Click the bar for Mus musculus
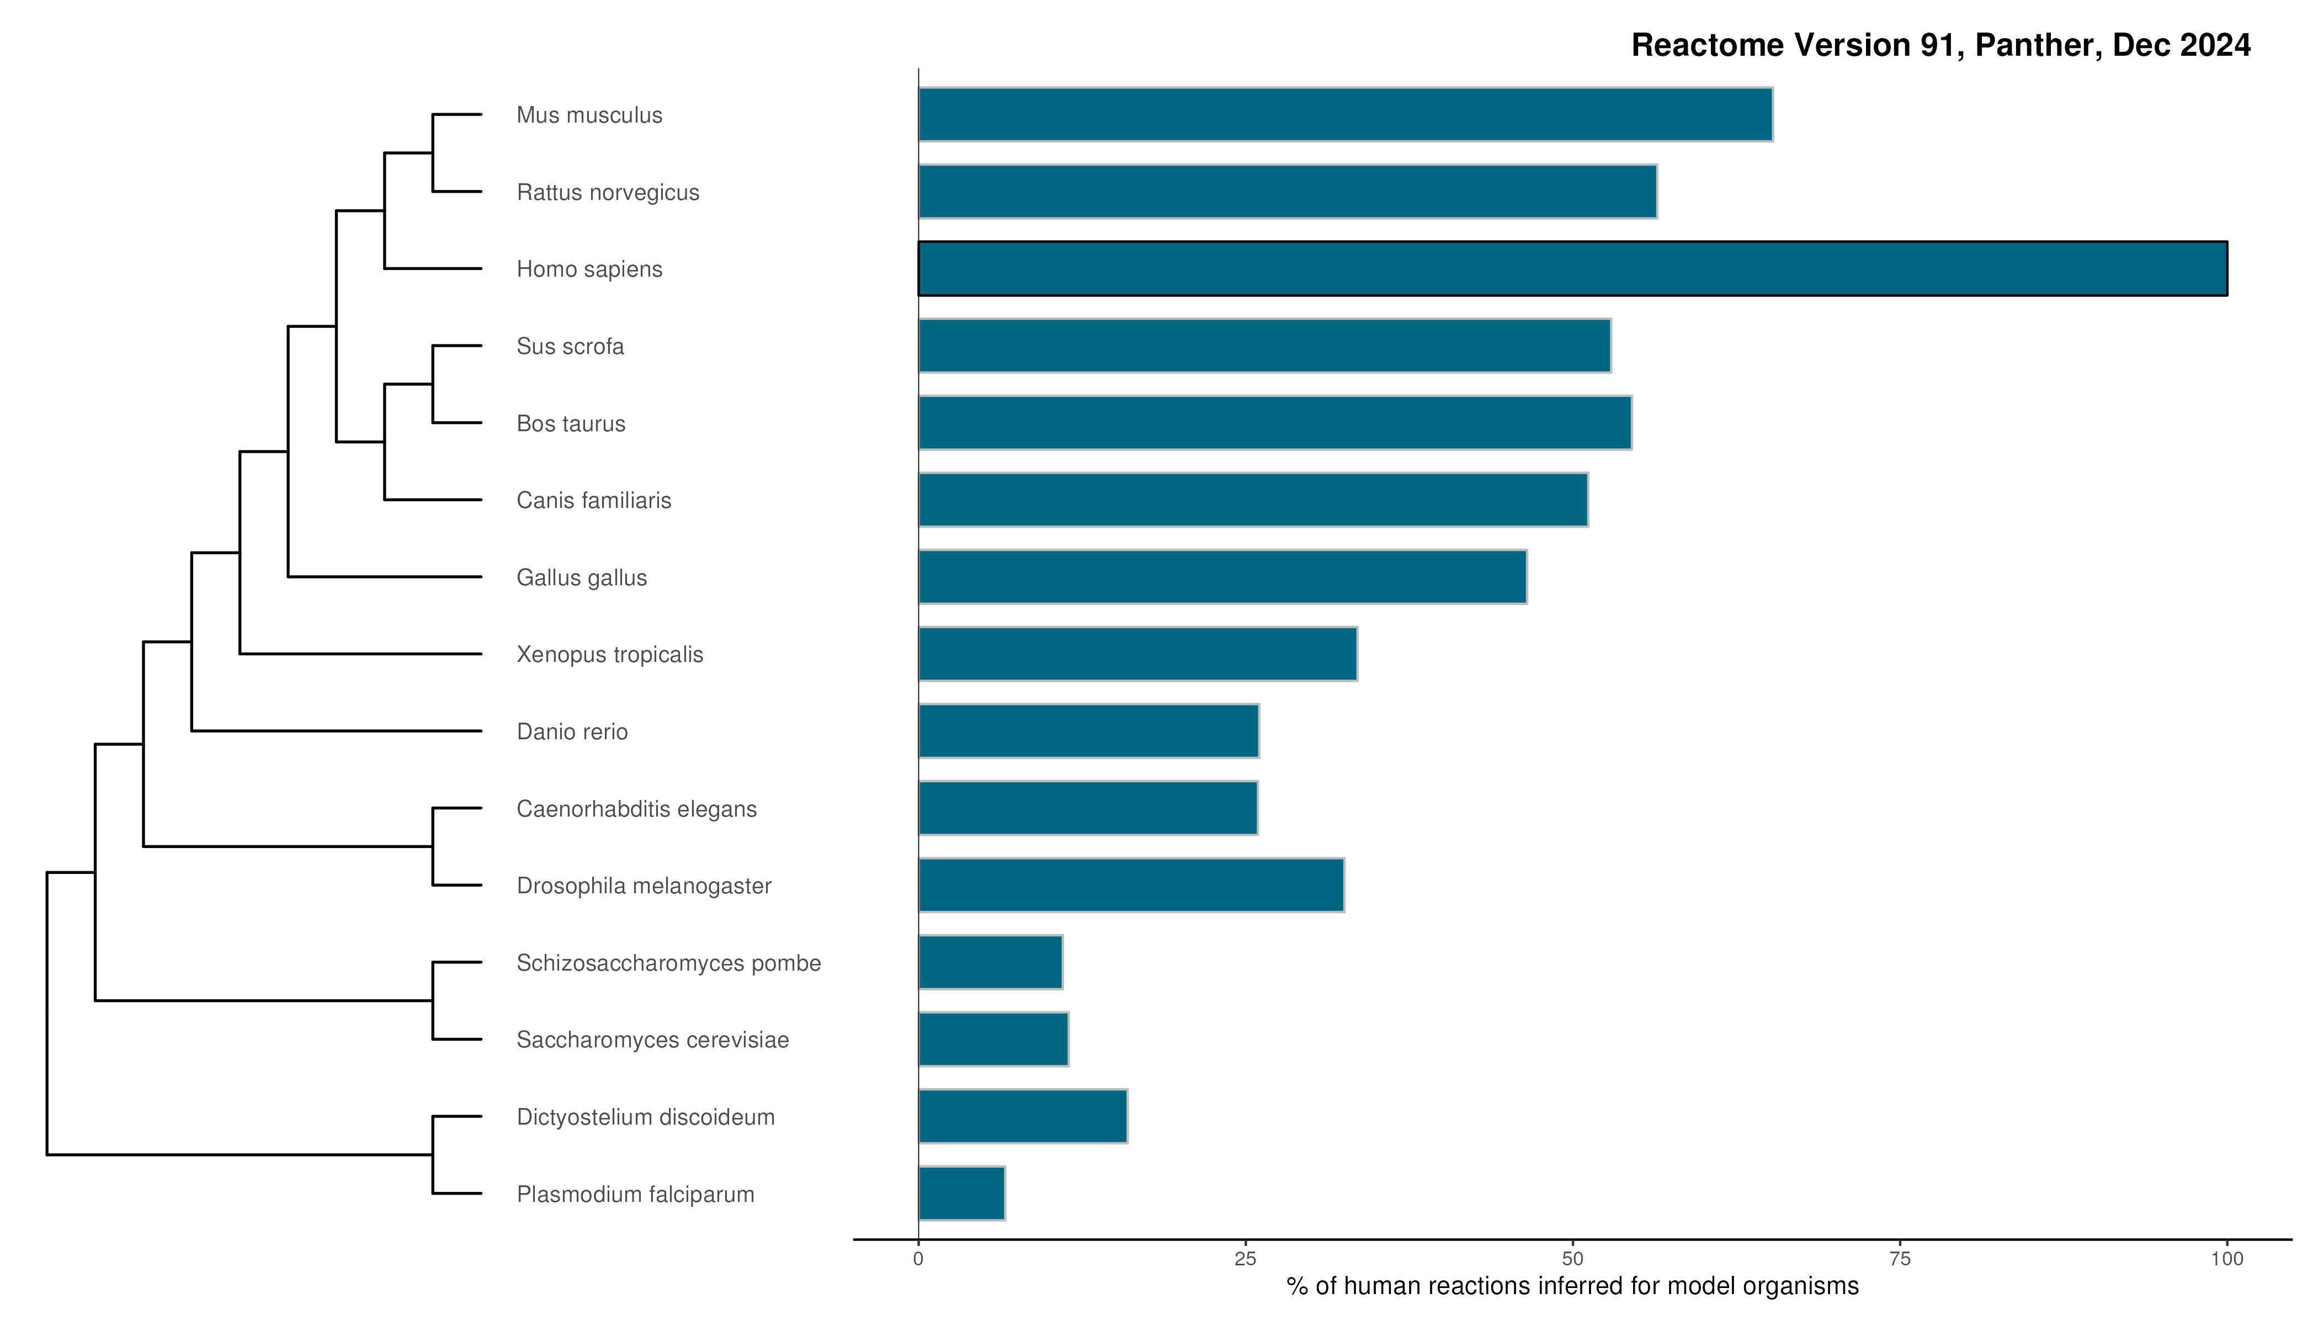[x=1344, y=115]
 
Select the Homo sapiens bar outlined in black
[x=1572, y=268]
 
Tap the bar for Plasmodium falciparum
[x=961, y=1193]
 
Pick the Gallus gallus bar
[x=1222, y=577]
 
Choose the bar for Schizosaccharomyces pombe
[x=990, y=962]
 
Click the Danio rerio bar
[x=1088, y=731]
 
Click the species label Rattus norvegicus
[x=608, y=193]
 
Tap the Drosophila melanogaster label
[x=643, y=886]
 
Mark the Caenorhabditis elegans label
[x=636, y=809]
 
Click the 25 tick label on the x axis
[x=1245, y=1259]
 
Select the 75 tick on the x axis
[x=1900, y=1259]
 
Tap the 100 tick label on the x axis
[x=2226, y=1259]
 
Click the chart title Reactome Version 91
[x=1940, y=45]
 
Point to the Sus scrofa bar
[x=1264, y=346]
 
